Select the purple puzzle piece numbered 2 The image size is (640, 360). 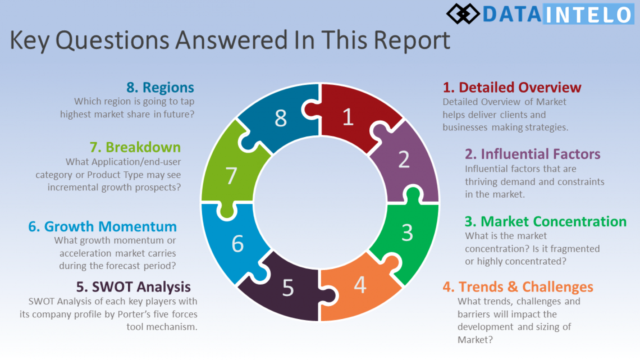click(403, 162)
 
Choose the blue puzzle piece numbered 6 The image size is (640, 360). click(237, 243)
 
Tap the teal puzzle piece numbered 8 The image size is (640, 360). click(281, 118)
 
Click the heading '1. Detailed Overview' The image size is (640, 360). click(512, 88)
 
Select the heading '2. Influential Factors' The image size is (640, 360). click(532, 154)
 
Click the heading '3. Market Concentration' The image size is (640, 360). click(545, 221)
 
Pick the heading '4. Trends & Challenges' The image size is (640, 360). click(518, 287)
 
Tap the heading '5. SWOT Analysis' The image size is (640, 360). click(134, 287)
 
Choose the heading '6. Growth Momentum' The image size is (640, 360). click(103, 227)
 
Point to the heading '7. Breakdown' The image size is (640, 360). click(135, 148)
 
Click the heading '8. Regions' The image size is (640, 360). click(160, 88)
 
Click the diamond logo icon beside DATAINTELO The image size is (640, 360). click(464, 13)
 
